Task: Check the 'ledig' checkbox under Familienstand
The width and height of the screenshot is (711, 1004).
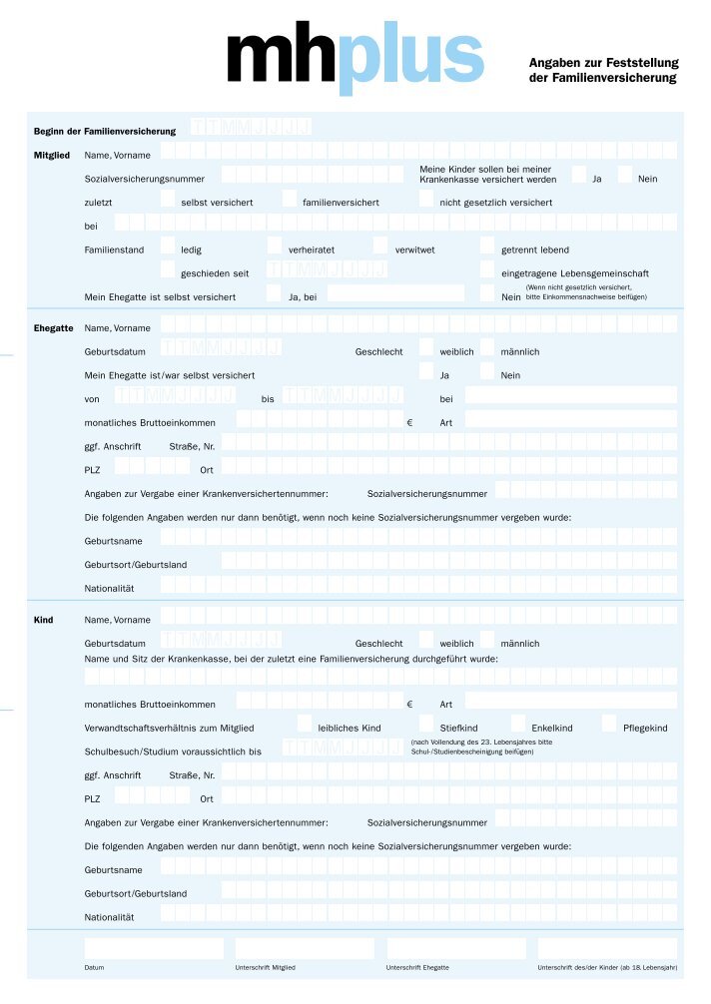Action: [x=168, y=246]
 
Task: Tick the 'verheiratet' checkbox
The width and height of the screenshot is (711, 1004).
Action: [x=275, y=246]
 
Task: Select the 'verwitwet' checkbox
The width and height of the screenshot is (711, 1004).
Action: [x=380, y=246]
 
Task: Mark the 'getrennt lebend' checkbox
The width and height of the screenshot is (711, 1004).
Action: [x=487, y=246]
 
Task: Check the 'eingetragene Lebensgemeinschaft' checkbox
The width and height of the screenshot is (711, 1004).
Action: [x=487, y=269]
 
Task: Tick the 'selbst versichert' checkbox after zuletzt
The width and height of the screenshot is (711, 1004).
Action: [x=168, y=199]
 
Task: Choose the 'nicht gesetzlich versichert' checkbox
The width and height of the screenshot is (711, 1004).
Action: [x=426, y=199]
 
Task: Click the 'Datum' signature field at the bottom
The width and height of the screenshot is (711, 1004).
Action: [x=154, y=948]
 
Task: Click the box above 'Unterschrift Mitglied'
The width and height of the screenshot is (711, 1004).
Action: [x=305, y=948]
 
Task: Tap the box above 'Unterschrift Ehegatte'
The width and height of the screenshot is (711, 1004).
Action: [x=456, y=948]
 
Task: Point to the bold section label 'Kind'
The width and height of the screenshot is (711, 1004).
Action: [x=44, y=621]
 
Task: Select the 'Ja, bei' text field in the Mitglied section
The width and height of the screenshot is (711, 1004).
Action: [x=395, y=293]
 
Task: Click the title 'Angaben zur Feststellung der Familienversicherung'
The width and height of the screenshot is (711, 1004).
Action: [x=602, y=70]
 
